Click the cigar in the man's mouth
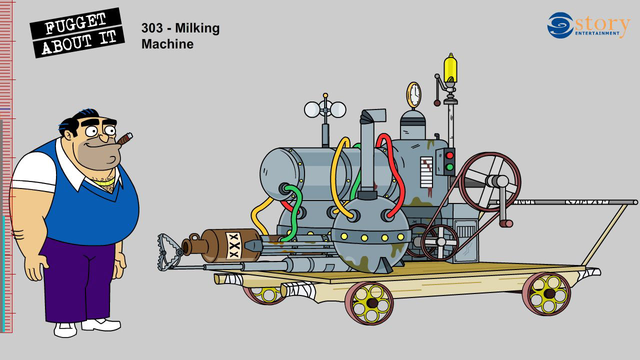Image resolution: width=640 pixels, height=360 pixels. point(125,138)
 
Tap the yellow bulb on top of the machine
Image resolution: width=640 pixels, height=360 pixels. point(450,68)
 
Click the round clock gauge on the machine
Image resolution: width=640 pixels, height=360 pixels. point(414,94)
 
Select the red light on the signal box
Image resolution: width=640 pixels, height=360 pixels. point(449,155)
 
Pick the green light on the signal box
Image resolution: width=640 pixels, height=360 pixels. point(449,167)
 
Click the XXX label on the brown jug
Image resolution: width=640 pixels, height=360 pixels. point(234,245)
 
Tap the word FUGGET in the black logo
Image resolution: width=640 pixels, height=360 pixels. point(75,23)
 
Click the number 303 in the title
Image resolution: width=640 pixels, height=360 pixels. point(152,28)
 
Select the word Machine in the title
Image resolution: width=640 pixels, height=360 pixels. point(167,44)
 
